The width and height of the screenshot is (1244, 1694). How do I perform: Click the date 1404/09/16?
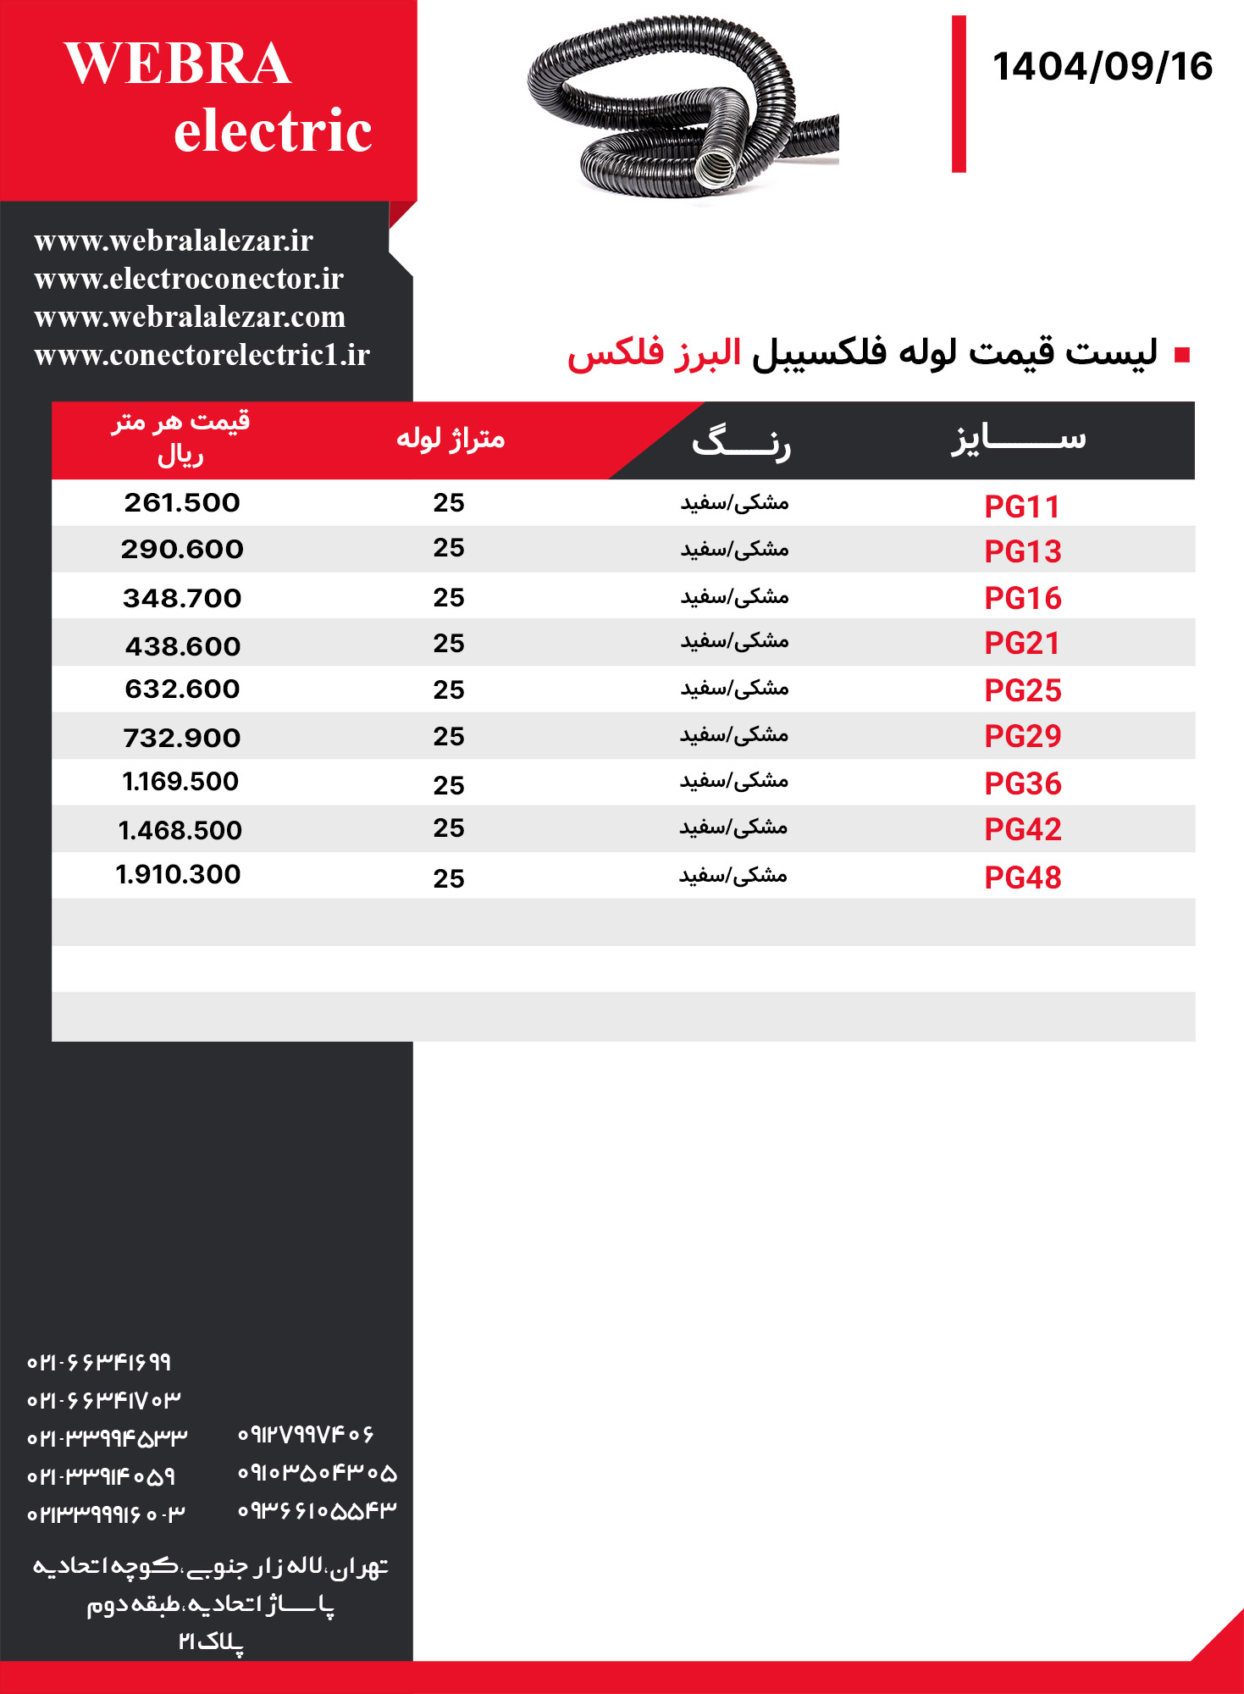pyautogui.click(x=1102, y=67)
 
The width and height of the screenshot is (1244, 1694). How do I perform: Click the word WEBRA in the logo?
pyautogui.click(x=178, y=64)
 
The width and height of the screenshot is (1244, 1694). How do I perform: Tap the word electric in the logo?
pyautogui.click(x=273, y=131)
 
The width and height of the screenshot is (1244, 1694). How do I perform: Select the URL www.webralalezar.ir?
pyautogui.click(x=174, y=241)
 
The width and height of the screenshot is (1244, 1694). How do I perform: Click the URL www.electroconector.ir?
pyautogui.click(x=189, y=279)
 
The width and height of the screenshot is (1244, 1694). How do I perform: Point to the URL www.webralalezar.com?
pyautogui.click(x=190, y=317)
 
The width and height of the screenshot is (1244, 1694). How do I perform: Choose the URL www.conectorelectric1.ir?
pyautogui.click(x=202, y=355)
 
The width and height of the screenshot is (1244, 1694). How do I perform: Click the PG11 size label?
pyautogui.click(x=1022, y=507)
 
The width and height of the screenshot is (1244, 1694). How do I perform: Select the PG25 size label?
pyautogui.click(x=1023, y=690)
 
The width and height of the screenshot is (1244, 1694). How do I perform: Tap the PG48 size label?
pyautogui.click(x=1023, y=877)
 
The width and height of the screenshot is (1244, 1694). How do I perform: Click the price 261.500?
pyautogui.click(x=182, y=503)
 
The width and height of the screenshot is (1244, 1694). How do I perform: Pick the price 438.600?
pyautogui.click(x=183, y=646)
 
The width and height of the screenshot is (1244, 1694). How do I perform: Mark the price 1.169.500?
pyautogui.click(x=180, y=781)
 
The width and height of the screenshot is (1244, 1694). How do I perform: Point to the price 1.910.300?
pyautogui.click(x=178, y=874)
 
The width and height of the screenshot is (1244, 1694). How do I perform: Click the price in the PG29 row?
pyautogui.click(x=182, y=738)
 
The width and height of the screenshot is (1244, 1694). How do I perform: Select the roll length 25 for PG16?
pyautogui.click(x=449, y=598)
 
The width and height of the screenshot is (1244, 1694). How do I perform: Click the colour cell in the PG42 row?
pyautogui.click(x=733, y=828)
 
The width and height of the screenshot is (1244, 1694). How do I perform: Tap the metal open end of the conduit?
pyautogui.click(x=711, y=170)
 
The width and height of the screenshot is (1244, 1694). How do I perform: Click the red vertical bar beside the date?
pyautogui.click(x=959, y=94)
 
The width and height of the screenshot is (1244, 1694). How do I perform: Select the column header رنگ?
pyautogui.click(x=741, y=441)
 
